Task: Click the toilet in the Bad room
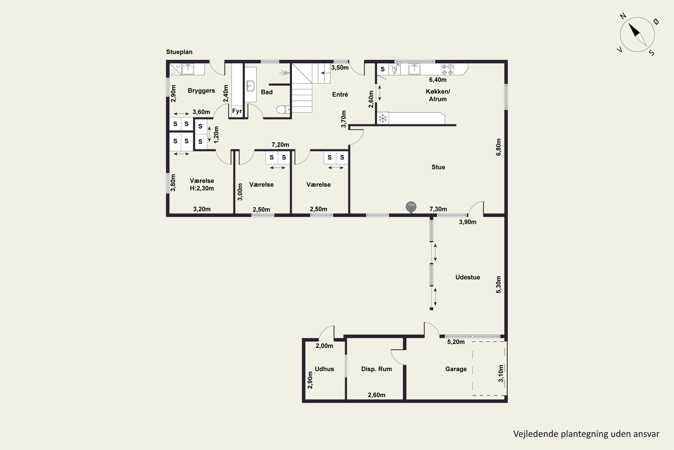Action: click(283, 109)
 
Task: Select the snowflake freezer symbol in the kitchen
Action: click(383, 118)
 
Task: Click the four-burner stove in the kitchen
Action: click(447, 69)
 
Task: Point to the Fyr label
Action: click(237, 111)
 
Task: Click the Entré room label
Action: click(340, 94)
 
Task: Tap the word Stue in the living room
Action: click(438, 167)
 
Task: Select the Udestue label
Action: click(467, 277)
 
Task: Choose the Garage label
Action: click(456, 369)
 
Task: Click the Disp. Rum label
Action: click(376, 369)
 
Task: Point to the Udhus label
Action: click(324, 369)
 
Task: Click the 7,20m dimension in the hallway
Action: click(280, 145)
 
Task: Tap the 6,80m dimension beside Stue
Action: click(499, 147)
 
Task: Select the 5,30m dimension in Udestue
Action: click(499, 284)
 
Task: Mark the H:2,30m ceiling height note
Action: click(202, 188)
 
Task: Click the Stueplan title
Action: click(179, 52)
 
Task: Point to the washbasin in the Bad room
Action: click(251, 86)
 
